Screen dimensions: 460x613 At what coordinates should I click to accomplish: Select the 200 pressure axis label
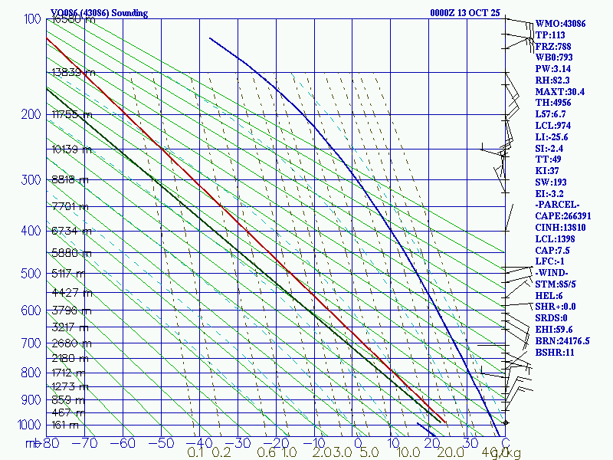pyautogui.click(x=30, y=115)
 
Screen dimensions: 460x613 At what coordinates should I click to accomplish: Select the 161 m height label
pyautogui.click(x=64, y=425)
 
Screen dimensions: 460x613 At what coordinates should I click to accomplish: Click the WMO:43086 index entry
pyautogui.click(x=560, y=24)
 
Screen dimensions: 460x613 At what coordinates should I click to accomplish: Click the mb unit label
pyautogui.click(x=31, y=443)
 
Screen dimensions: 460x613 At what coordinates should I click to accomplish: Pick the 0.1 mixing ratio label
pyautogui.click(x=195, y=453)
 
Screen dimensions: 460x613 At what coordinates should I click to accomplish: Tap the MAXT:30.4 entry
pyautogui.click(x=559, y=91)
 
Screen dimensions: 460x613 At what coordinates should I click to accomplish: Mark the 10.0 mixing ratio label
pyautogui.click(x=408, y=453)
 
